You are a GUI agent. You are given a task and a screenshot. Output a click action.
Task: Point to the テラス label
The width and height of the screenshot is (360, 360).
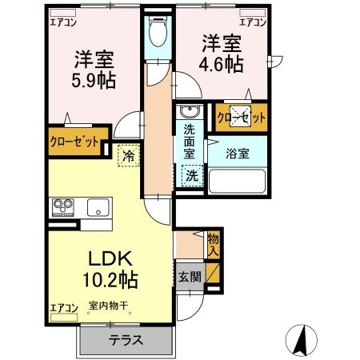coord(125,339)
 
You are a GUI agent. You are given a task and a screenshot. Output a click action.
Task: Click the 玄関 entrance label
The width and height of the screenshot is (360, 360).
coord(190,276)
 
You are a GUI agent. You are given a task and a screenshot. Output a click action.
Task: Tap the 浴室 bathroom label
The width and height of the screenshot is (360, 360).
coord(237,154)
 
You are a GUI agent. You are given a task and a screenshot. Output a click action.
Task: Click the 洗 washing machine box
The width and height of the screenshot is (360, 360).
coord(193,174)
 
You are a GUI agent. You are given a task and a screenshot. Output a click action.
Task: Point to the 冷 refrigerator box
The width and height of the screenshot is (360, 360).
coord(128,156)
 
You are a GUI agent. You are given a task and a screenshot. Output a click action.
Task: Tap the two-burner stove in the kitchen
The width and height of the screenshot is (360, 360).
coord(63,208)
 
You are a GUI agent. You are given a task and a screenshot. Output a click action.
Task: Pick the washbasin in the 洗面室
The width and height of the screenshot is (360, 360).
coord(188,112)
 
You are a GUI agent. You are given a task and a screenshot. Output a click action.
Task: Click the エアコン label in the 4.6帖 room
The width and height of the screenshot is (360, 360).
coord(253,22)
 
